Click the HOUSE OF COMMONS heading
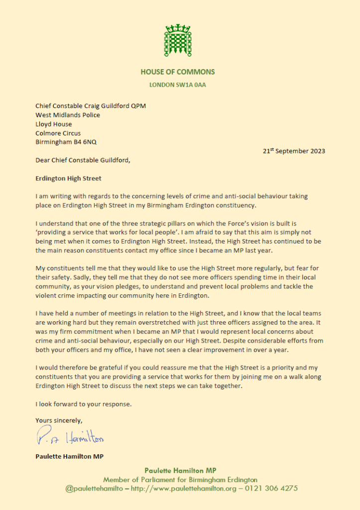point(178,72)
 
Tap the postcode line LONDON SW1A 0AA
point(178,85)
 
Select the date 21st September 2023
point(294,151)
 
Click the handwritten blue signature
point(70,438)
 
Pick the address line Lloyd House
point(54,124)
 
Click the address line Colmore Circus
point(58,133)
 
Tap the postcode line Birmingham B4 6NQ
point(66,142)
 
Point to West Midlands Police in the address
point(68,115)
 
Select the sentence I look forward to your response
point(84,403)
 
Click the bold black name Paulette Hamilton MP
point(69,456)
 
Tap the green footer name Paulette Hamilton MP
point(180,471)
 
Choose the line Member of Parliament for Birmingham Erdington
point(180,479)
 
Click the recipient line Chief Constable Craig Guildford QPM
point(91,106)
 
